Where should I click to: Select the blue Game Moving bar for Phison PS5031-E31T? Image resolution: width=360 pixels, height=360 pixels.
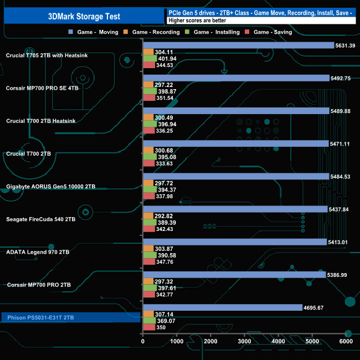(x=222, y=308)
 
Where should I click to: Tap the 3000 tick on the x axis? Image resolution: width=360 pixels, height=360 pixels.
(x=245, y=342)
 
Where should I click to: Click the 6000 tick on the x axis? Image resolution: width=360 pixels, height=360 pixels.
(x=346, y=342)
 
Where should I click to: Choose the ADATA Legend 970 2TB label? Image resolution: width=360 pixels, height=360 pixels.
(x=38, y=252)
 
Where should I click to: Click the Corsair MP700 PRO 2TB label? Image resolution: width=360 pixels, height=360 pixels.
(x=39, y=285)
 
